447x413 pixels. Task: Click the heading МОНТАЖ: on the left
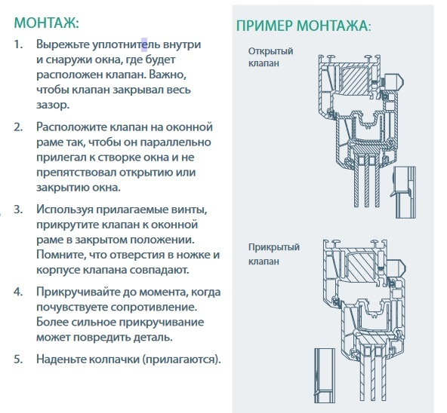tap(46, 23)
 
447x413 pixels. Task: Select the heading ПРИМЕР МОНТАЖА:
tap(304, 26)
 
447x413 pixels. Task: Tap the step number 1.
tap(18, 44)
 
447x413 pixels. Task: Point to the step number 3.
tap(18, 210)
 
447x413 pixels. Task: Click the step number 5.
tap(18, 359)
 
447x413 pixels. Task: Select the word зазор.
tap(53, 105)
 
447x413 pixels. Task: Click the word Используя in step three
tap(65, 210)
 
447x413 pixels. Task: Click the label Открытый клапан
tap(270, 57)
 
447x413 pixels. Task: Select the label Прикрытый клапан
tap(273, 254)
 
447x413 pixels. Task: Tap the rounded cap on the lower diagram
tap(399, 269)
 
